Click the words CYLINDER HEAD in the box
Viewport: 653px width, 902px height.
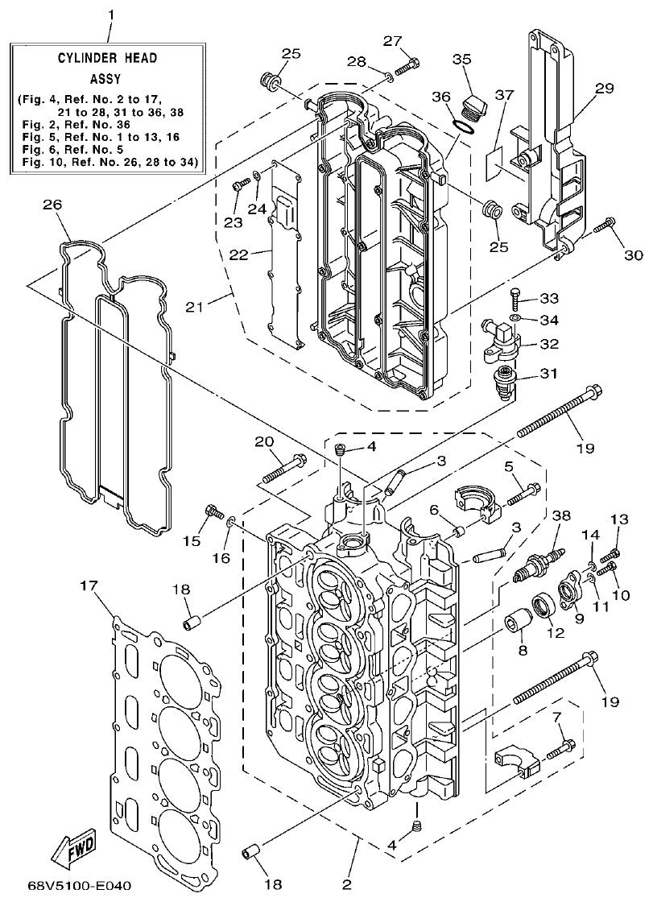[x=107, y=59]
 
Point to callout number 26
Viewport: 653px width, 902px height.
[x=52, y=205]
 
